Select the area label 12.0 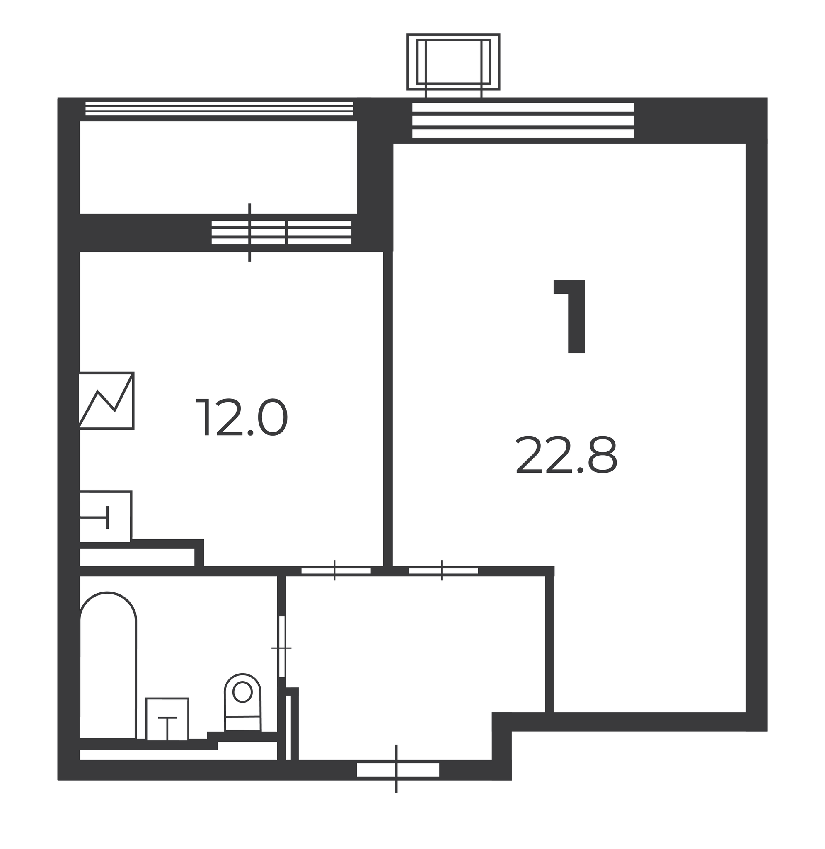click(x=242, y=418)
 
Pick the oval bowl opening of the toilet click(x=243, y=692)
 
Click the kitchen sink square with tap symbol click(x=105, y=517)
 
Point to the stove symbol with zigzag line click(x=106, y=401)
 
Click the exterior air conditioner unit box click(x=453, y=62)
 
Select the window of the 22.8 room click(x=523, y=121)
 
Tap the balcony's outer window click(x=219, y=109)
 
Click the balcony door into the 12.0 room click(x=282, y=232)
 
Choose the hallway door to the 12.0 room click(x=336, y=571)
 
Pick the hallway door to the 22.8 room click(x=443, y=571)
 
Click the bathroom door click(x=282, y=647)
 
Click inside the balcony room click(x=218, y=167)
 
